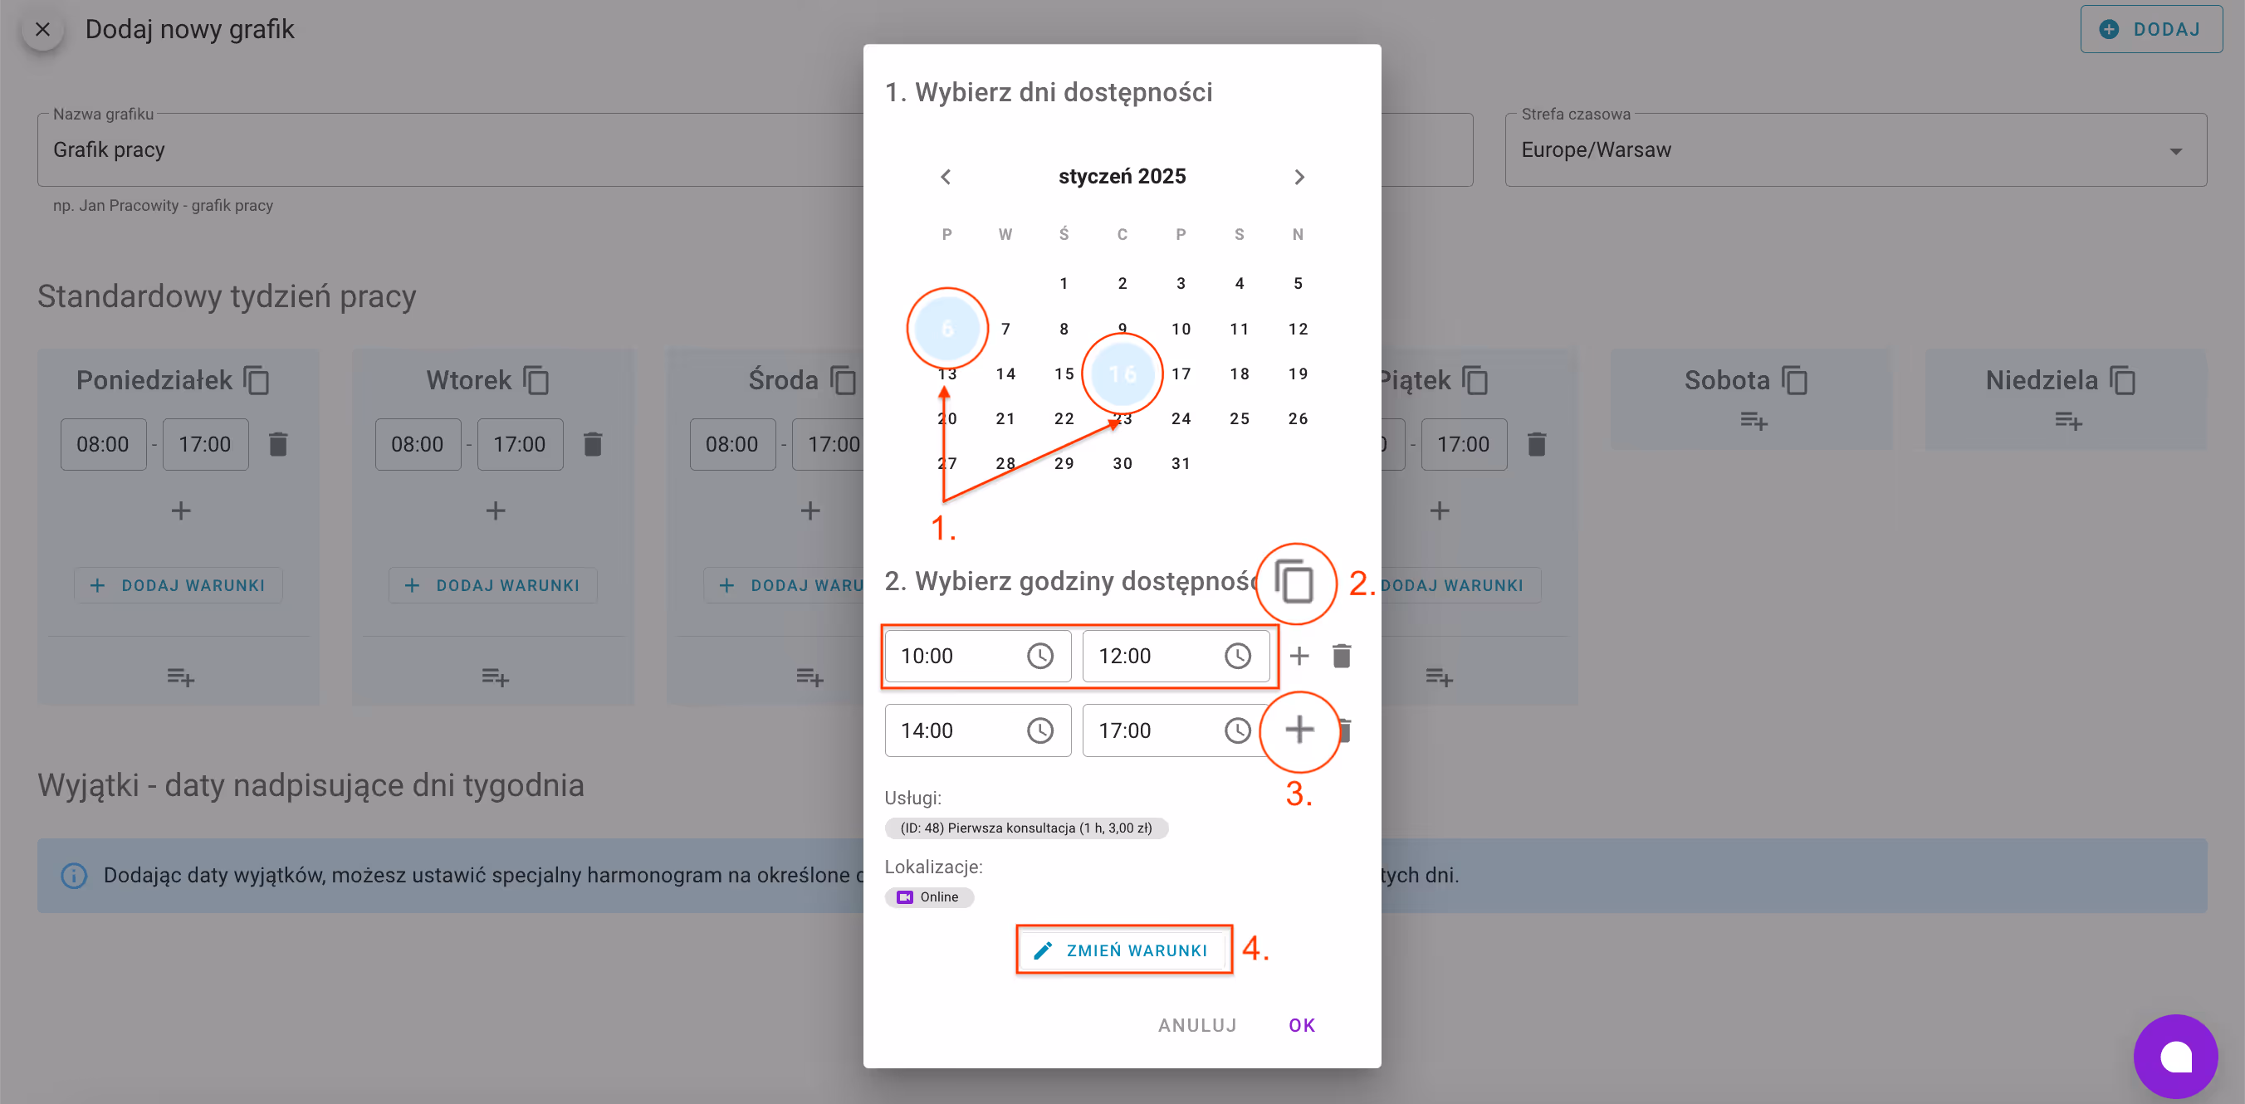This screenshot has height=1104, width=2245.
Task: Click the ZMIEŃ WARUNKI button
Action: [x=1123, y=950]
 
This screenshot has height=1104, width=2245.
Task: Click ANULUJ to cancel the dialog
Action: [x=1196, y=1024]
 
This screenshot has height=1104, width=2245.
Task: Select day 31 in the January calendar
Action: [x=1181, y=463]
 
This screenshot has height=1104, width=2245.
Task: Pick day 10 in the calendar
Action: [x=1181, y=329]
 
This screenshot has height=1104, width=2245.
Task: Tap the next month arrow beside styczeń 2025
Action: [x=1299, y=177]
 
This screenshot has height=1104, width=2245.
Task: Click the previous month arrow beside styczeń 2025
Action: [x=946, y=177]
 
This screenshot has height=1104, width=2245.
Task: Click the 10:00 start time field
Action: [x=954, y=655]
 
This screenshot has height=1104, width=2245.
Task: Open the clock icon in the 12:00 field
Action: [x=1238, y=655]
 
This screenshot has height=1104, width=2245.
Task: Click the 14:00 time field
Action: [x=954, y=730]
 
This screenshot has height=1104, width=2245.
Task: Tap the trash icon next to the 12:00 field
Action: [x=1341, y=655]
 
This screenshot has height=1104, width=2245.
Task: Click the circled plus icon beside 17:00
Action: [x=1299, y=730]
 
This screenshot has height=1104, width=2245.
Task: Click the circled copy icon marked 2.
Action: [x=1295, y=582]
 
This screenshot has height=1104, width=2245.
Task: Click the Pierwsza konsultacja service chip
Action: [x=1025, y=828]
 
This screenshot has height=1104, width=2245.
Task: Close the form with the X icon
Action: [x=42, y=30]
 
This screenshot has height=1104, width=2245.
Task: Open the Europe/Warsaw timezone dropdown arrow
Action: [x=2175, y=151]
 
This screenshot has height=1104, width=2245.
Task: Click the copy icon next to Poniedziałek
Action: [x=257, y=381]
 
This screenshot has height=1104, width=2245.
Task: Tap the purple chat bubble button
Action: [x=2175, y=1056]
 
